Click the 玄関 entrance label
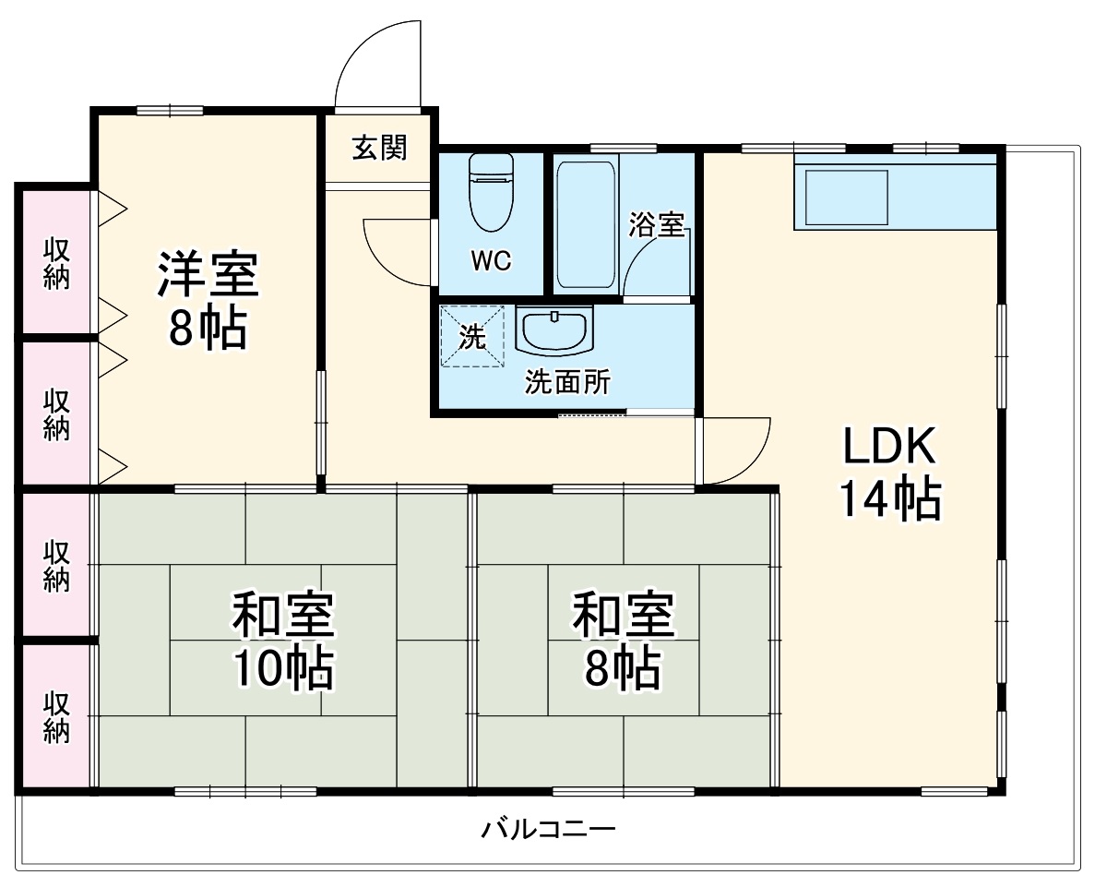click(379, 148)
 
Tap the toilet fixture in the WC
click(491, 191)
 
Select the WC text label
click(491, 261)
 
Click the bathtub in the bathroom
click(585, 225)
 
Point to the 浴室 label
click(657, 224)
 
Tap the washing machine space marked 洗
click(472, 337)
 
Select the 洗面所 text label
click(567, 382)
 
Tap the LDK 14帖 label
click(889, 473)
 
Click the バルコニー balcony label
click(548, 829)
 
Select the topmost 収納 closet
click(56, 262)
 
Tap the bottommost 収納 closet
click(56, 717)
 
